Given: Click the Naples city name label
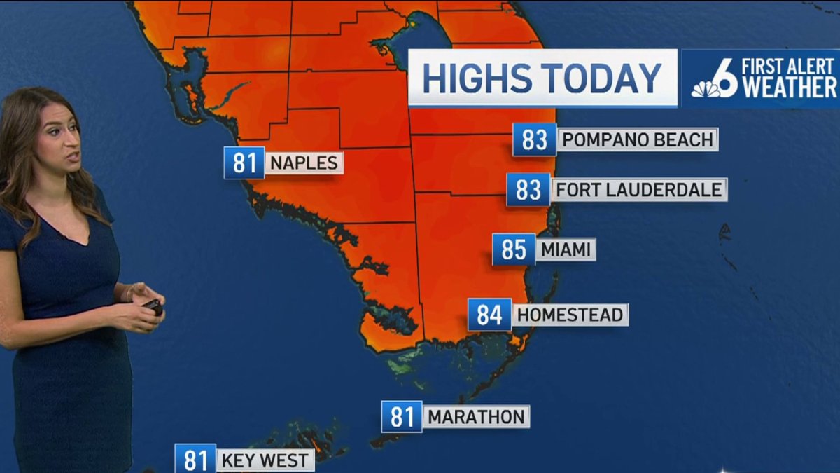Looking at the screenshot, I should coord(304,163).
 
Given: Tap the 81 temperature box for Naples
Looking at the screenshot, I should coord(244,163).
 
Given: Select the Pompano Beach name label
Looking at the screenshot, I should coord(638,139).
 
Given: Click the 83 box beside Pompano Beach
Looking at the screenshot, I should coord(534,139).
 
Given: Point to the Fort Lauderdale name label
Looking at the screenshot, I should coord(639,189).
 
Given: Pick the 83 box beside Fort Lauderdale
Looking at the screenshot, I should coord(528,189).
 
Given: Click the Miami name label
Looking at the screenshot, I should coord(566,249).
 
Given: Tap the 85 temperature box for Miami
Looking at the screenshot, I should coord(513,249).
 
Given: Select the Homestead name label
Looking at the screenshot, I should coord(570,315).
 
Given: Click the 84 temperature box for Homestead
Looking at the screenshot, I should coord(489,315).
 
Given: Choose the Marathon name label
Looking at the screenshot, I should coord(476,417).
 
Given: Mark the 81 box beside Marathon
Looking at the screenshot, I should coord(402,417).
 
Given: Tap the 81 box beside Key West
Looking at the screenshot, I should coord(195,460).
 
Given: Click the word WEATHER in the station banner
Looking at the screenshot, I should coord(790,88).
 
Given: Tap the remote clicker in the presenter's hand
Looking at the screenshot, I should coord(153,306).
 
